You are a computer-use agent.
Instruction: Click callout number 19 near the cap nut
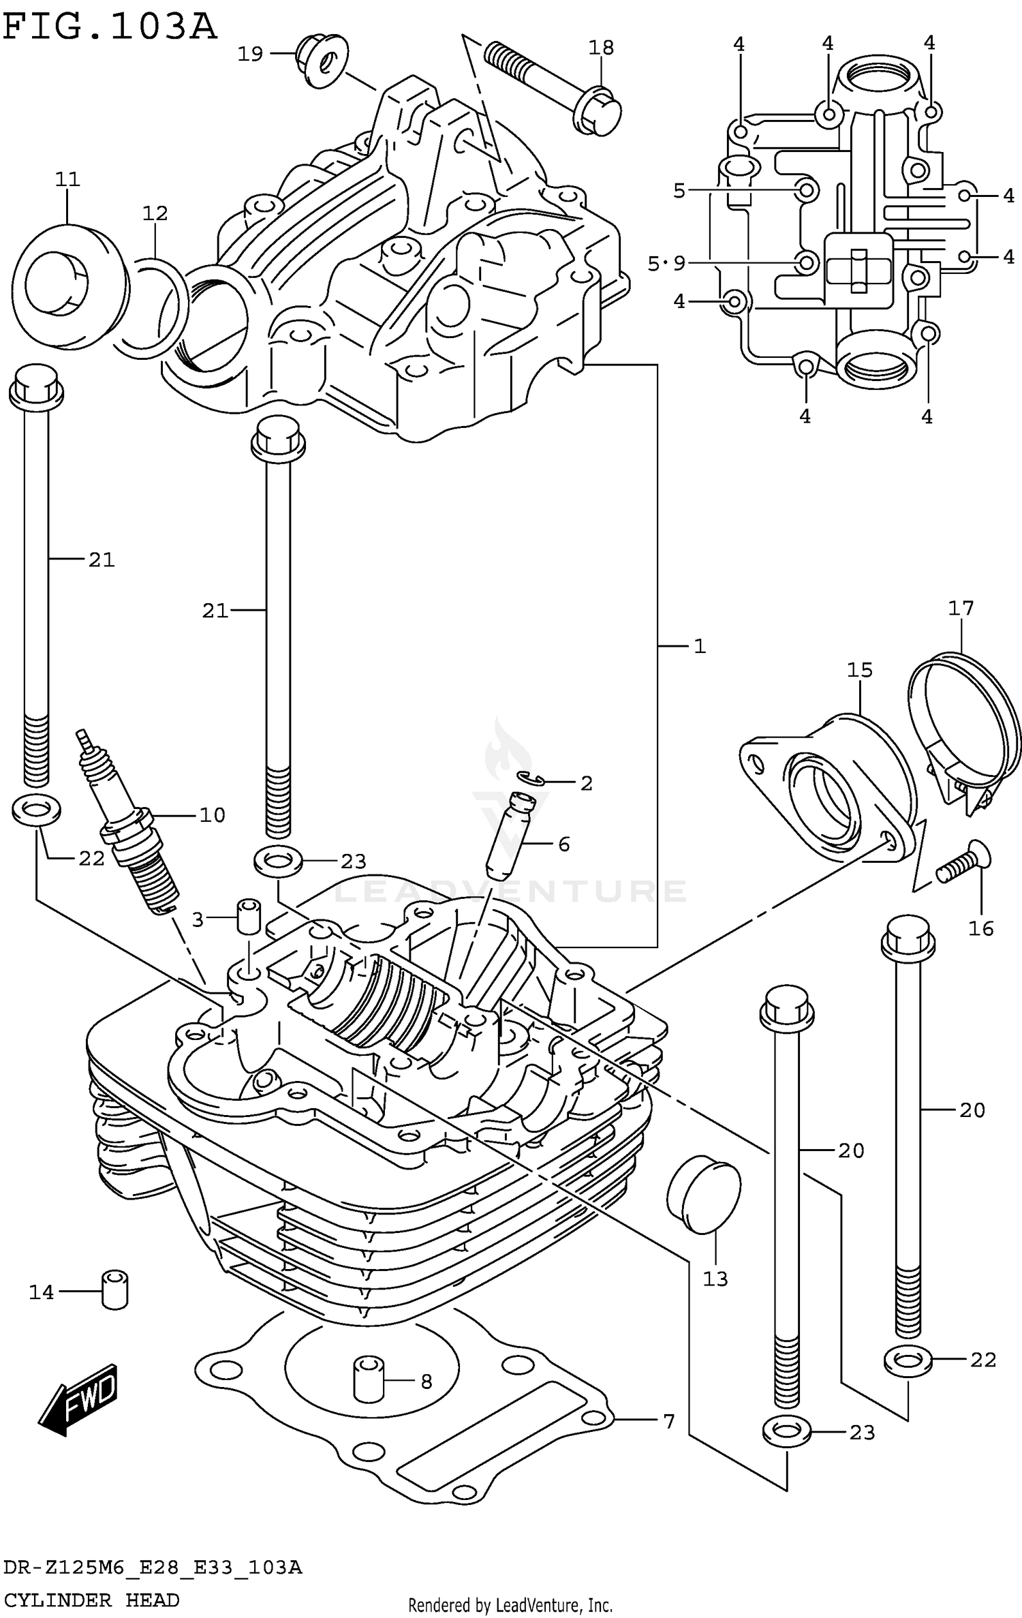click(250, 54)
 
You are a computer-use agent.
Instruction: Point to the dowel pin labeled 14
click(115, 1290)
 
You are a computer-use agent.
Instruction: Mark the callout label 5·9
click(666, 263)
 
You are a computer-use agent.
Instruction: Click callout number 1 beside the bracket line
click(700, 646)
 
